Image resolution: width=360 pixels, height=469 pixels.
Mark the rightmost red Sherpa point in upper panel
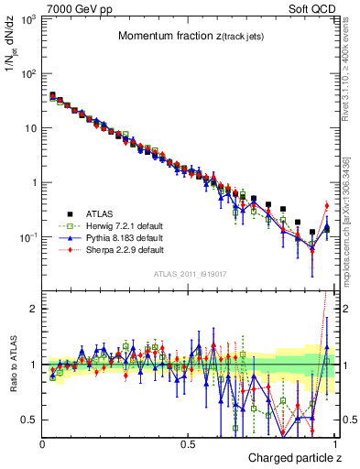pyautogui.click(x=326, y=205)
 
